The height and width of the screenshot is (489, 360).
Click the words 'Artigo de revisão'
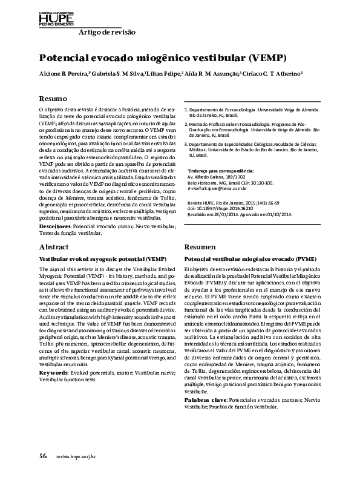[x=108, y=32]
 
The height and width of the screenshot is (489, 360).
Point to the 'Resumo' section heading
[x=53, y=98]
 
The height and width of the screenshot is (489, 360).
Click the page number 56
[x=43, y=472]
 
